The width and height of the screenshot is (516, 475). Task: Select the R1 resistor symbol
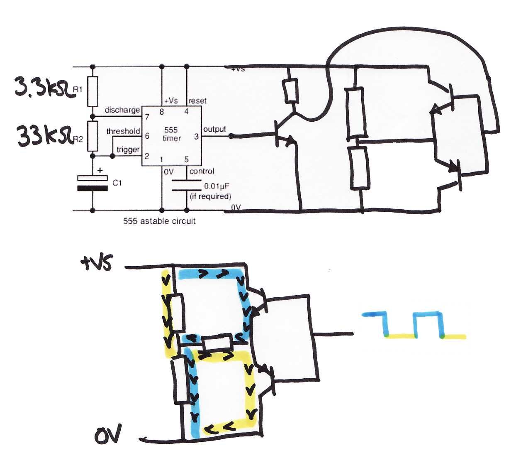pyautogui.click(x=92, y=91)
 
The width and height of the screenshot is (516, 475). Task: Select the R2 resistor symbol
pyautogui.click(x=92, y=136)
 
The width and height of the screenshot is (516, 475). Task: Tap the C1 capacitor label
pyautogui.click(x=117, y=183)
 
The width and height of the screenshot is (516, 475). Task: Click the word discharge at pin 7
pyautogui.click(x=122, y=110)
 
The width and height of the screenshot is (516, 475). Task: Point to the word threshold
pyautogui.click(x=123, y=131)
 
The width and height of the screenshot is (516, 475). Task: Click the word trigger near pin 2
pyautogui.click(x=128, y=149)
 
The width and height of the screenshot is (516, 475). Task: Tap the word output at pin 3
pyautogui.click(x=214, y=129)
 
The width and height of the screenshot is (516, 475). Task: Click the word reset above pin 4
pyautogui.click(x=197, y=100)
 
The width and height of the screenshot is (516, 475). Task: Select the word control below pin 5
pyautogui.click(x=202, y=171)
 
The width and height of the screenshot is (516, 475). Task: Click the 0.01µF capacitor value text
pyautogui.click(x=217, y=186)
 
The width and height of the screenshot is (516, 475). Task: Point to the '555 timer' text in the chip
pyautogui.click(x=172, y=134)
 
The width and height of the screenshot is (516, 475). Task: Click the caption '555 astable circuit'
pyautogui.click(x=159, y=221)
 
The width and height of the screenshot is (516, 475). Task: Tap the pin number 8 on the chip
pyautogui.click(x=161, y=112)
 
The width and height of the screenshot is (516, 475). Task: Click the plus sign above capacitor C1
pyautogui.click(x=100, y=170)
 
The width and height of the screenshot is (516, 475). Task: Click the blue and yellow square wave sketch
pyautogui.click(x=414, y=325)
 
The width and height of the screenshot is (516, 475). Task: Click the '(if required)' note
pyautogui.click(x=210, y=196)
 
